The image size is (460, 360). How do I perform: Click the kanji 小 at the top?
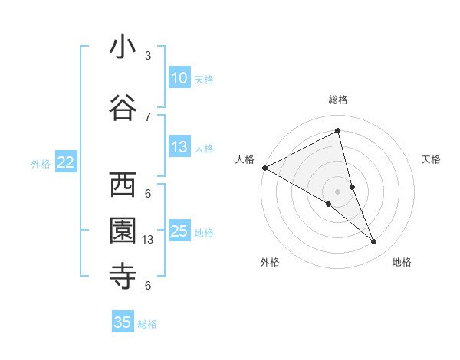click(x=123, y=47)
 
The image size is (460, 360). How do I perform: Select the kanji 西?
click(x=123, y=185)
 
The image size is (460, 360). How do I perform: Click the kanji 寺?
click(x=123, y=276)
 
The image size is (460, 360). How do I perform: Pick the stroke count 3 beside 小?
click(x=148, y=56)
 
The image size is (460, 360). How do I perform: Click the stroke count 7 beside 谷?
click(x=148, y=116)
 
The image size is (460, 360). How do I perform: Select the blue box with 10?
click(x=179, y=78)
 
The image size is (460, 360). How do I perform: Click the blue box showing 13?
click(x=179, y=147)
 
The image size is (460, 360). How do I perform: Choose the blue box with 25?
click(x=179, y=231)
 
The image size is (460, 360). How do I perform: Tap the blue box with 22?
click(x=65, y=162)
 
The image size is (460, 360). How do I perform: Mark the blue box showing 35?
click(x=123, y=322)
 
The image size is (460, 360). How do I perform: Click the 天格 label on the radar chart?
click(x=432, y=159)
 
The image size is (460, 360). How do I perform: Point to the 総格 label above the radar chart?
click(x=338, y=100)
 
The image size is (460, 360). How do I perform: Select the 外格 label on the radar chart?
click(x=270, y=262)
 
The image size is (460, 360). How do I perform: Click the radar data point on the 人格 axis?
click(x=264, y=168)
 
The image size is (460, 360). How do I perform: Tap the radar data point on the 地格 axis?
click(x=374, y=242)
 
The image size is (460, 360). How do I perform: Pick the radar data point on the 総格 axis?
click(x=338, y=131)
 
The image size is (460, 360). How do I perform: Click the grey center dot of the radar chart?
click(x=338, y=191)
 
